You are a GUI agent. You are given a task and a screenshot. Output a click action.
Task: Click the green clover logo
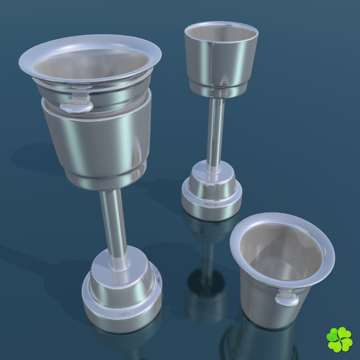point(339,339)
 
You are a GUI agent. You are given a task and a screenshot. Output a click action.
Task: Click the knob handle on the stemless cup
point(286,298)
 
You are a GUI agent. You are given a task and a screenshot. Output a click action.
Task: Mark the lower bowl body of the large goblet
point(98,138)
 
